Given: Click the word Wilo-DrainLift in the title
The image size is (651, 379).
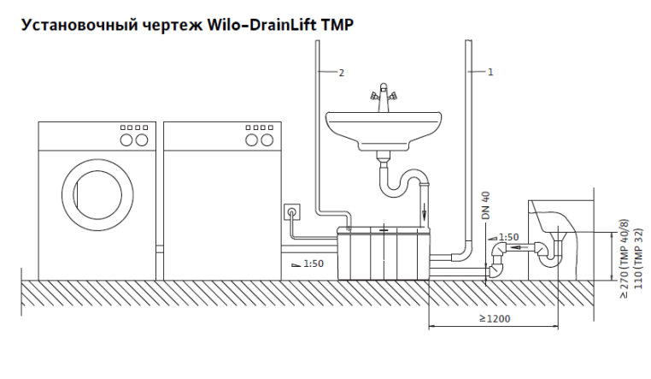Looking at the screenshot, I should coord(261,25).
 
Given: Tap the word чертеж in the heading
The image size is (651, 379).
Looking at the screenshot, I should coord(172,26).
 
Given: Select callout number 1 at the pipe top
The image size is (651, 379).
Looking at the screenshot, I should coord(490,73).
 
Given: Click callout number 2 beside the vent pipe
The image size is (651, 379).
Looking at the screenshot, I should coord(341,73).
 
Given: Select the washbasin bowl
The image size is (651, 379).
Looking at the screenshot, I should coord(384,128).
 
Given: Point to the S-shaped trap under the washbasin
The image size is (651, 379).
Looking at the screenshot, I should coord(402,180).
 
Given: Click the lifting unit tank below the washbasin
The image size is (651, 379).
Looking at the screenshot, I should coord(384,253).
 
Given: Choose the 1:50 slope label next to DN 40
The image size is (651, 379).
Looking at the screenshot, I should coord(508,237).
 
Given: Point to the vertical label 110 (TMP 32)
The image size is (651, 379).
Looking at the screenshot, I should coord(638,257).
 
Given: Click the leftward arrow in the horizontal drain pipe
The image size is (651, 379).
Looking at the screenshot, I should coord(517,249).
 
